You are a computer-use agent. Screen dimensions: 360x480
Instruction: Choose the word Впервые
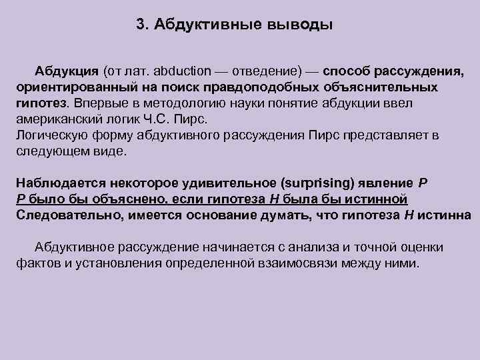tap(98, 104)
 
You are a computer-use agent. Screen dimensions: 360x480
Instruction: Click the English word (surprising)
tap(319, 183)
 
